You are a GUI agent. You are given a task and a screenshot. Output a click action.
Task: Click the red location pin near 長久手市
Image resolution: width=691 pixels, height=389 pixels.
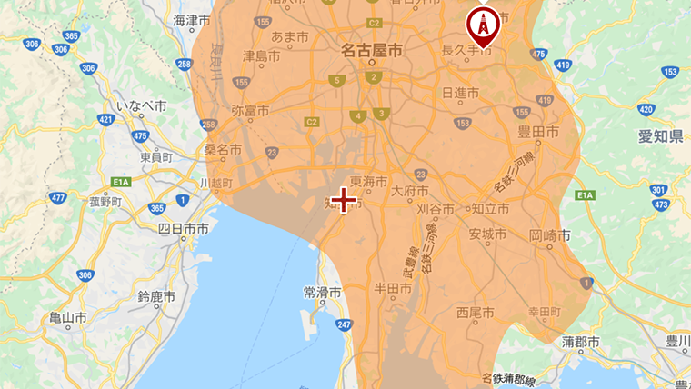483,25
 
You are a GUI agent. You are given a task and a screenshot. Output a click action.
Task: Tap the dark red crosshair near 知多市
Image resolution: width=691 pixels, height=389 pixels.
344,200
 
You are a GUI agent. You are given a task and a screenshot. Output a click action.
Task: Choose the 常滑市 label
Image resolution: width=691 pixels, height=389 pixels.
322,294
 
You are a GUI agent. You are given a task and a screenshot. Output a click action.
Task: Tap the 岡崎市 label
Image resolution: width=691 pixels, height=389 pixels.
549,234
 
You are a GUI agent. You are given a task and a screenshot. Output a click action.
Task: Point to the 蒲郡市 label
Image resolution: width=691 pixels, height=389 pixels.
580,342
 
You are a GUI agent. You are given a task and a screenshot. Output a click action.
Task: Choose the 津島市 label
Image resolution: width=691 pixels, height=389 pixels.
261,56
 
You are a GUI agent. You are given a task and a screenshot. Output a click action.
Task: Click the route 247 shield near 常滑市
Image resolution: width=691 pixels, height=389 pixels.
344,324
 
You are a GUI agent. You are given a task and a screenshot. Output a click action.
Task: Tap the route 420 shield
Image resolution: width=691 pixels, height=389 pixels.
646,110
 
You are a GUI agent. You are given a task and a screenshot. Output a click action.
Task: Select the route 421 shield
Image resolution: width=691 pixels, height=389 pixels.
107,119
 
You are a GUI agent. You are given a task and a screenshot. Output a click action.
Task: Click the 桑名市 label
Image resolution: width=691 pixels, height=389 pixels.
222,150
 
